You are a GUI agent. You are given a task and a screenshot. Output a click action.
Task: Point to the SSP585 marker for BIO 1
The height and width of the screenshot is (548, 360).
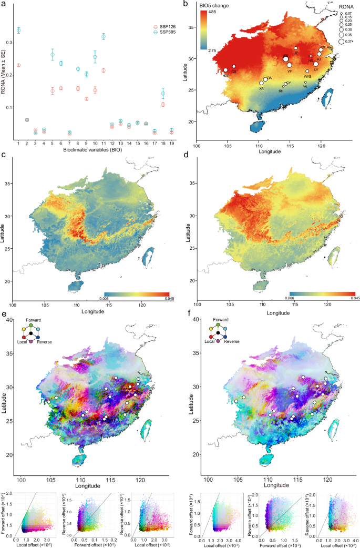click(19, 31)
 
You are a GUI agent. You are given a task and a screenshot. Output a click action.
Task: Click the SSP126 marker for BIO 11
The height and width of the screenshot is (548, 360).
click(104, 70)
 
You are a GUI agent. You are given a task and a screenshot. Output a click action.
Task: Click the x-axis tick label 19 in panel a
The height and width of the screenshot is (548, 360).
click(171, 143)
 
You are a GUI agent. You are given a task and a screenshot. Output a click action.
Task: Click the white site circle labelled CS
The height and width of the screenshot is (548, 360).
click(234, 67)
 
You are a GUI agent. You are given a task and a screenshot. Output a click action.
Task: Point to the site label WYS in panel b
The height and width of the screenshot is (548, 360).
click(307, 76)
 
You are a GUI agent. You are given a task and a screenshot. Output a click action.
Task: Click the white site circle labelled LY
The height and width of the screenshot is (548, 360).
click(316, 64)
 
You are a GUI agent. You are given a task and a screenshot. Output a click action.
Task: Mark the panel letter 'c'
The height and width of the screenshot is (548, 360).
click(4, 156)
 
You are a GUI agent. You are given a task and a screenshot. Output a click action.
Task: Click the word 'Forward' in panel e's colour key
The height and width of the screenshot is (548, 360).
click(33, 319)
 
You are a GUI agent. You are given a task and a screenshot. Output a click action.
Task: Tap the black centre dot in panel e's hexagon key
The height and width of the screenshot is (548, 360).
click(32, 333)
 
